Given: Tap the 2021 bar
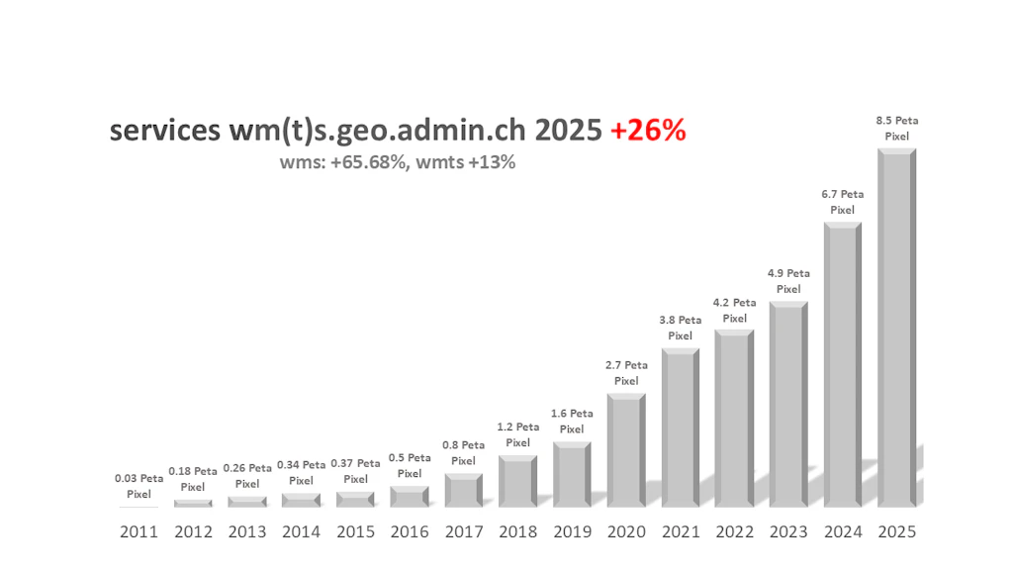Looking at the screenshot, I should pos(681,427).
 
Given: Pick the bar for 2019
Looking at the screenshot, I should pos(572,474).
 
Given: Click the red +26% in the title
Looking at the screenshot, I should pos(648,131).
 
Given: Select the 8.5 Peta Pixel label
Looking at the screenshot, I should pos(897,128).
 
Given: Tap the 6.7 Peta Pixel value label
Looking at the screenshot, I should pos(843,202).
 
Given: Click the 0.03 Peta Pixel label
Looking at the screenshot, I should pos(139,486).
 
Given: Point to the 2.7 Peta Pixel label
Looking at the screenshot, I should pos(626,373).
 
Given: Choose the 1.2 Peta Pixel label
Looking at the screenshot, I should pos(517,434).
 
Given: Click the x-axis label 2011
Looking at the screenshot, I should pos(139,531).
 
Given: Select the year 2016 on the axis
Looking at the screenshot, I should pos(410,531).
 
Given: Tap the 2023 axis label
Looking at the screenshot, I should pos(788,531).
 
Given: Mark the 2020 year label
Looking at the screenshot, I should pos(626,531).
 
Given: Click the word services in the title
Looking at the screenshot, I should pos(163,132).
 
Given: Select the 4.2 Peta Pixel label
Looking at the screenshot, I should pos(734,311).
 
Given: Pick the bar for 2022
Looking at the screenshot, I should pos(734,418).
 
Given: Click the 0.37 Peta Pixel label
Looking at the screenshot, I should pos(355,470).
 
